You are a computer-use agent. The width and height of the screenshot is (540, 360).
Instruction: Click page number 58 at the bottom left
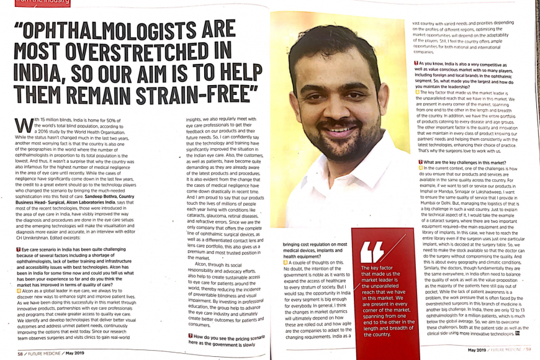click(x=20, y=353)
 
